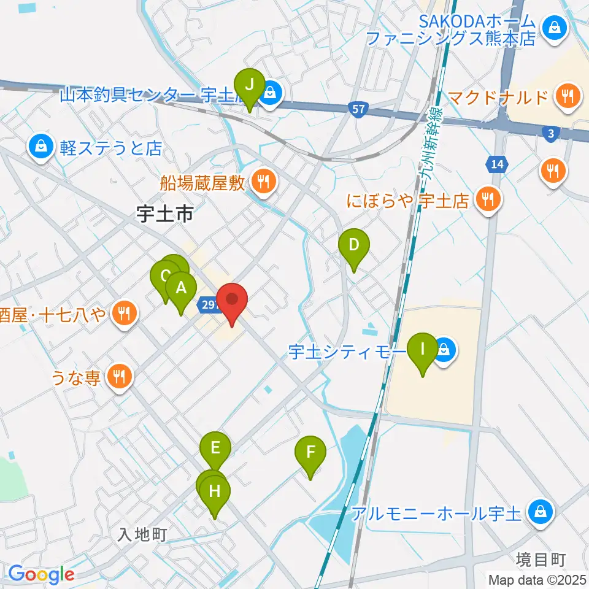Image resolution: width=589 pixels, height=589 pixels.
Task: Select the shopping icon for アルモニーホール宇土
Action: [x=541, y=511]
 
